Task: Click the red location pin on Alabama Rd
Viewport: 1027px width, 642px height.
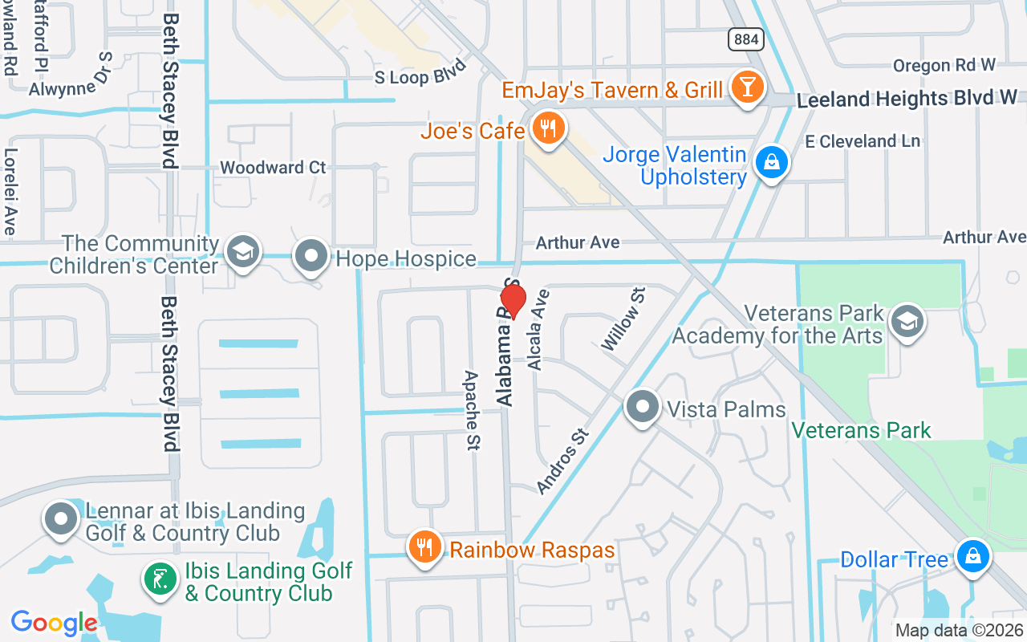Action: tap(513, 301)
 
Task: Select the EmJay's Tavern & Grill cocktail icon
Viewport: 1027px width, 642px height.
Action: tap(748, 87)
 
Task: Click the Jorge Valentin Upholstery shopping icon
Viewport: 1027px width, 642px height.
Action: tap(771, 163)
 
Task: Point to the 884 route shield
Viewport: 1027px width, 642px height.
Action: tap(746, 39)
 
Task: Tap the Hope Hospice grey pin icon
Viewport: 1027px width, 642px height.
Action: tap(311, 257)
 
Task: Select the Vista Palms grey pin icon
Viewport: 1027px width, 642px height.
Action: tap(642, 408)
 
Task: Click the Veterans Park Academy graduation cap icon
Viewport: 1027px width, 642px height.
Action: tap(907, 322)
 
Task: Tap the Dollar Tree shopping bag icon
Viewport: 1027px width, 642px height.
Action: tap(972, 557)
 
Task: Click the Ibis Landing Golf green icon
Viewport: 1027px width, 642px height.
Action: tap(160, 580)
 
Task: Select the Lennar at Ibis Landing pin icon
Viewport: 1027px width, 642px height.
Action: tap(61, 519)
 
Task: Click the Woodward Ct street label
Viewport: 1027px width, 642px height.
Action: tap(273, 168)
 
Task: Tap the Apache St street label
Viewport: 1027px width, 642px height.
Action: tap(473, 409)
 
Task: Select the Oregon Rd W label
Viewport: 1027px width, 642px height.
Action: tap(944, 65)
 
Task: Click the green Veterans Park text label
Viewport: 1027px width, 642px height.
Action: tap(861, 430)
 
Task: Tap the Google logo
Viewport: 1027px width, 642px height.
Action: tap(54, 623)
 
